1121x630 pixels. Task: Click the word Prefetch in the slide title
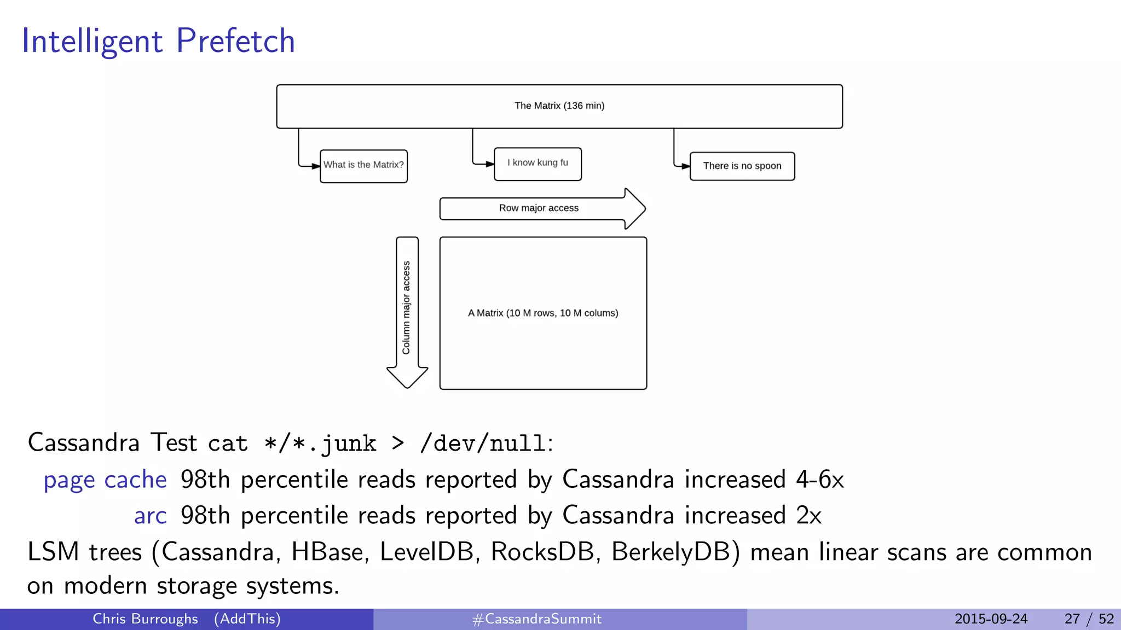click(x=235, y=41)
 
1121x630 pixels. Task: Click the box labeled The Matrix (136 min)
click(x=559, y=106)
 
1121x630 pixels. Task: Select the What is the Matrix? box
click(x=363, y=165)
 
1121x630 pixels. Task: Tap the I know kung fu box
click(x=538, y=163)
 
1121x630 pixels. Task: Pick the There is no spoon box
click(x=742, y=166)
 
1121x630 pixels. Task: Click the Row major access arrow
click(x=539, y=208)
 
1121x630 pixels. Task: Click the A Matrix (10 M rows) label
click(x=542, y=313)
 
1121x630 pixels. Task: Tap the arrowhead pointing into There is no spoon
click(x=685, y=166)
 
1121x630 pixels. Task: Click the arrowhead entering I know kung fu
click(x=489, y=164)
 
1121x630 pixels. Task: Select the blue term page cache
click(x=105, y=480)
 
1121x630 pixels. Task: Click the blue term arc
click(x=150, y=516)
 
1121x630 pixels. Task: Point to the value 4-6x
click(x=819, y=480)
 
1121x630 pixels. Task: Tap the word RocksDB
click(x=542, y=552)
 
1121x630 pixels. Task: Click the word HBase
click(x=327, y=552)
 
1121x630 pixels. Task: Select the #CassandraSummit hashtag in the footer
click(x=536, y=619)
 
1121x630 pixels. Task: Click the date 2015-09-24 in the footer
click(x=991, y=619)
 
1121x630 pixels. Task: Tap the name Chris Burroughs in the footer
click(x=145, y=619)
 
